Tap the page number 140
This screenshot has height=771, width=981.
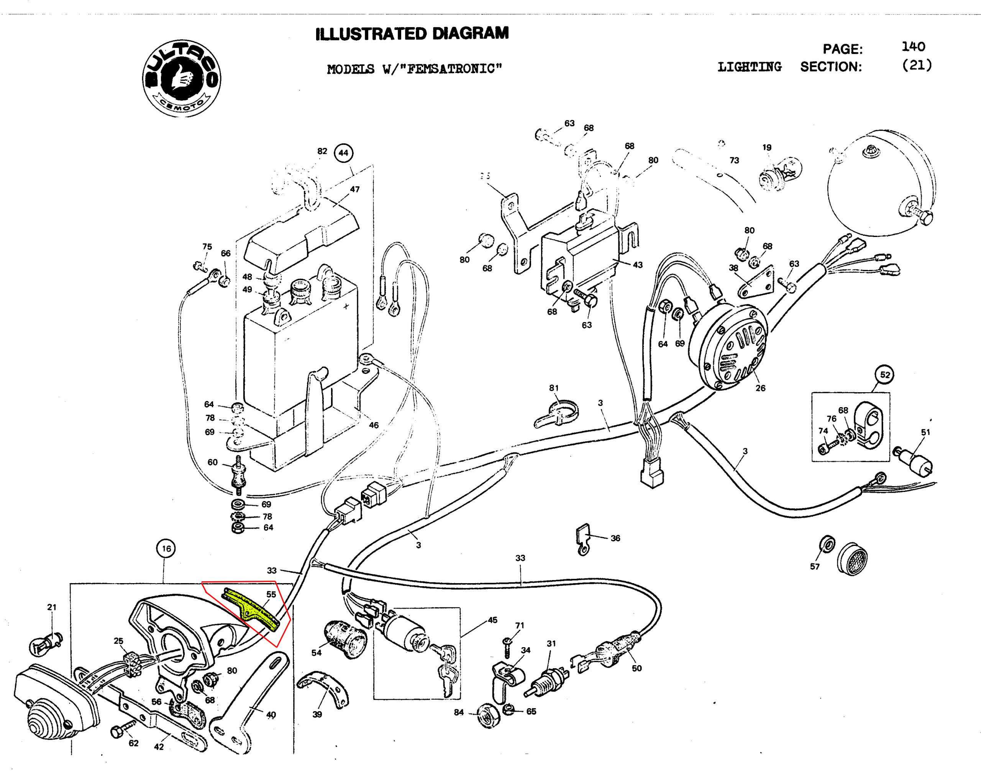click(x=913, y=46)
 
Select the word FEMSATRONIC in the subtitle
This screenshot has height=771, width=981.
click(x=451, y=69)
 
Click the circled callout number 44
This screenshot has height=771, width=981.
click(x=343, y=153)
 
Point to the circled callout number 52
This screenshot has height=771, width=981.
click(x=885, y=375)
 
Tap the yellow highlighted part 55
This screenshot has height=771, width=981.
click(x=251, y=607)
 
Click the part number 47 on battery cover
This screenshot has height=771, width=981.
click(x=355, y=189)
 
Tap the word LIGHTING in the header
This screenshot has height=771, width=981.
click(x=750, y=67)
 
